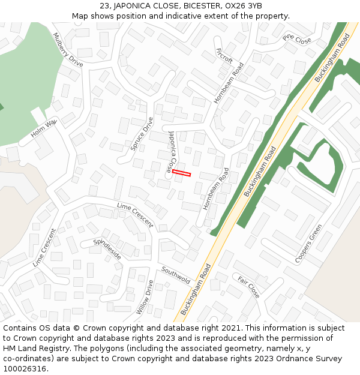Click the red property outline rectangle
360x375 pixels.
click(x=181, y=173)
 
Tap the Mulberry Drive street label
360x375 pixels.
click(x=68, y=49)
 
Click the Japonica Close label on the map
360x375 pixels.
click(x=173, y=152)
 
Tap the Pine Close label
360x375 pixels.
click(x=297, y=40)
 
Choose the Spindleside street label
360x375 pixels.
click(x=107, y=249)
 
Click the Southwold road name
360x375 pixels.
click(x=175, y=275)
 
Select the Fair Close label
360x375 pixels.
click(x=248, y=287)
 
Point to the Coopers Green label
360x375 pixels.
click(x=308, y=244)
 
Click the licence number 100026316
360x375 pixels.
click(x=26, y=368)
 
